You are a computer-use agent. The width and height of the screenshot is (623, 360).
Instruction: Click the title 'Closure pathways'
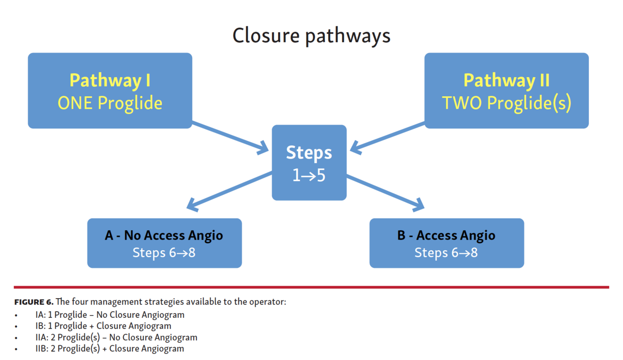point(311,36)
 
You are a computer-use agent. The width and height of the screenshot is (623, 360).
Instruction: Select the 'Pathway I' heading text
point(110,80)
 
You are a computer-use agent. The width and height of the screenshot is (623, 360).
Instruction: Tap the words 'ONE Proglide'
point(110,103)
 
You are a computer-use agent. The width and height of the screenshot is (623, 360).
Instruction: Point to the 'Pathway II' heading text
point(506,80)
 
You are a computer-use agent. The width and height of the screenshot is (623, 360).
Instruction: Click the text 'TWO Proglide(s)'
point(506,103)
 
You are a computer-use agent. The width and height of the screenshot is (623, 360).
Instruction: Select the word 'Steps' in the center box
point(309,152)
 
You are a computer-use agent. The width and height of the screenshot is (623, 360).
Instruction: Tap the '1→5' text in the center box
point(309,175)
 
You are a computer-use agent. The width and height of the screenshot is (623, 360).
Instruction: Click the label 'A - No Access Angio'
point(164,235)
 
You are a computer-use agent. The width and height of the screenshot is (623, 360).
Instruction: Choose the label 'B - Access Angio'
point(446,235)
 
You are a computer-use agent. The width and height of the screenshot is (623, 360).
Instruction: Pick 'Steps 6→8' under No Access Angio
point(164,253)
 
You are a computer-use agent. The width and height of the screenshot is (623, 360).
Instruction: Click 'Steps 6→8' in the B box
point(446,253)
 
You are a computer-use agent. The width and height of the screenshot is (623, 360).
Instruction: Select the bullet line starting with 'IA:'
point(110,315)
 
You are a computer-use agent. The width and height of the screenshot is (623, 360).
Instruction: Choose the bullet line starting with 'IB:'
point(103,326)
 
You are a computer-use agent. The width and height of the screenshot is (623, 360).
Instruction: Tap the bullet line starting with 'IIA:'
point(116,337)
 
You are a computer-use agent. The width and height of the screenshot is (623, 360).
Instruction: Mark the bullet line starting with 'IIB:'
point(109,348)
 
